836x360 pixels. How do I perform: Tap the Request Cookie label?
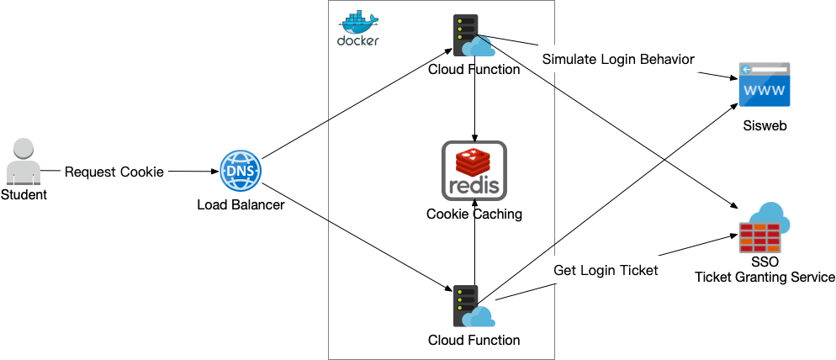pos(114,172)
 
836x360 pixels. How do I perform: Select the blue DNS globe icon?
pos(240,172)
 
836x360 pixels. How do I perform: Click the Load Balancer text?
pos(240,204)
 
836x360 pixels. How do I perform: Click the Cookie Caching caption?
pos(474,214)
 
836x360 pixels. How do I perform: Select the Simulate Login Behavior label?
pos(617,60)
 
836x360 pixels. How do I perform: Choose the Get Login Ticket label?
pos(605,271)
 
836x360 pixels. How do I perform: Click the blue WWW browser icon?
pos(764,85)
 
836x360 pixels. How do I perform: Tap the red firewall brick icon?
pos(759,238)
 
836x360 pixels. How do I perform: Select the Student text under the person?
pos(24,195)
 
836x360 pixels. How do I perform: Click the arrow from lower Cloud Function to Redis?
pos(476,252)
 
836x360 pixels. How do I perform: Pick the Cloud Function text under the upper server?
pos(474,69)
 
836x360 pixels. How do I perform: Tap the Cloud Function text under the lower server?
pos(474,340)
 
